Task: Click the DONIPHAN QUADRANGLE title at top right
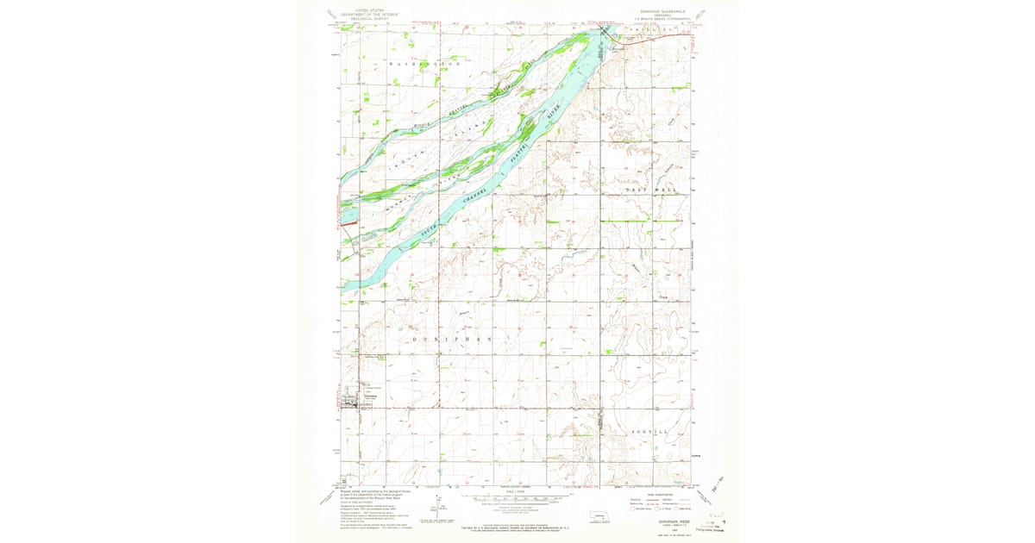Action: coord(661,11)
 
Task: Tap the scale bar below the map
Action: coord(516,498)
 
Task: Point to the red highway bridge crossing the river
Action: coord(604,32)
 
